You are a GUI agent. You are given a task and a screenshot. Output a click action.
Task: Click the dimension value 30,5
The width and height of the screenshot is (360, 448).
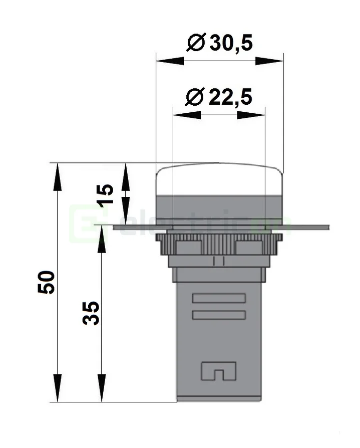[x=231, y=44]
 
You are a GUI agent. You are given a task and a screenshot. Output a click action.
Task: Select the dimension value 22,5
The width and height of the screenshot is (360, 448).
[x=230, y=97]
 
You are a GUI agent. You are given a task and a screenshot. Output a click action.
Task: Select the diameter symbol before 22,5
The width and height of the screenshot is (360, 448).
[x=194, y=97]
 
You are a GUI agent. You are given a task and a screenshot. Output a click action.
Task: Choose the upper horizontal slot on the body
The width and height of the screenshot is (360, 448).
[x=219, y=299]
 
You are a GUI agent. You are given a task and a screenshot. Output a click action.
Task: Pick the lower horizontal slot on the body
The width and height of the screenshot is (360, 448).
[x=219, y=315]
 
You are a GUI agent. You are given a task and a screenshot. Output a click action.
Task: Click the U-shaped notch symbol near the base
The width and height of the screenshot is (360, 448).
[x=219, y=371]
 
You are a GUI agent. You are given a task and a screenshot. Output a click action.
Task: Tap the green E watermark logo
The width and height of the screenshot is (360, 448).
[x=83, y=223]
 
